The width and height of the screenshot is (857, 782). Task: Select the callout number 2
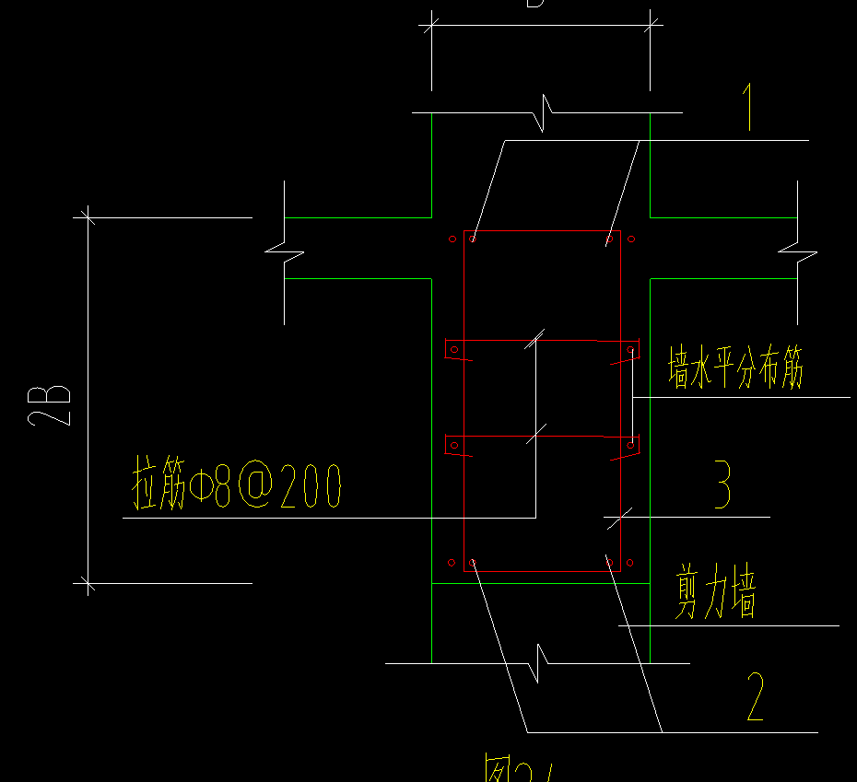point(755,697)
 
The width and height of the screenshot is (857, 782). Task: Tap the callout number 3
point(722,485)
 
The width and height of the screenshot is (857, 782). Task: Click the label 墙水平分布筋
point(735,368)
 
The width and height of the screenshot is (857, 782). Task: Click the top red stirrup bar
point(542,231)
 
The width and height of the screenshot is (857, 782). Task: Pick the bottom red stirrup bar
point(542,571)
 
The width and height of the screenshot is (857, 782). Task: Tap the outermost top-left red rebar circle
point(452,239)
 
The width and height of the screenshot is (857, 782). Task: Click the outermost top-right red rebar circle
point(631,239)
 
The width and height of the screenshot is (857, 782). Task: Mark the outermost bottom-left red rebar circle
point(451,562)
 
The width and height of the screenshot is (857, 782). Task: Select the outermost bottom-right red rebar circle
point(631,562)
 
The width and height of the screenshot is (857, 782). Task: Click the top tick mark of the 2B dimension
point(88,217)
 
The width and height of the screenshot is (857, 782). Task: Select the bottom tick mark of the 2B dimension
point(88,582)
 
